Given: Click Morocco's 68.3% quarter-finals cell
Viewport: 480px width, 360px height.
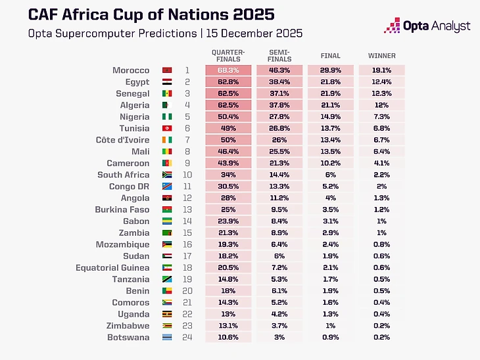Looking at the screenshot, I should point(228,70).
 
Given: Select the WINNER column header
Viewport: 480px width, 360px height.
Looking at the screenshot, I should point(381,56).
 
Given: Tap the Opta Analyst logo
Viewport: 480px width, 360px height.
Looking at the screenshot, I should point(427,26).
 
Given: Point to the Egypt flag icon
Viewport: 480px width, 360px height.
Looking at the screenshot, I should point(166,82).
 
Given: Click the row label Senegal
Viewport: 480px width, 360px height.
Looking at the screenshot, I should point(133,94).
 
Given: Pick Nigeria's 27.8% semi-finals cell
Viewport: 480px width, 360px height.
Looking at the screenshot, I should point(279,117).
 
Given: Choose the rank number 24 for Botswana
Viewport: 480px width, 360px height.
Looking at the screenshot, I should point(187,338).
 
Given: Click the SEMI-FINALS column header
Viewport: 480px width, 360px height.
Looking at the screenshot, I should point(279,55).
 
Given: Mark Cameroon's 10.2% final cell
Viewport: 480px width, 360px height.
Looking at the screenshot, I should point(330,164).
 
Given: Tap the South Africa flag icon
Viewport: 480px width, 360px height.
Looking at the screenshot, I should point(166,175).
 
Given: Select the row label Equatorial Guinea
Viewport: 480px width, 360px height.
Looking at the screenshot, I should point(112,267).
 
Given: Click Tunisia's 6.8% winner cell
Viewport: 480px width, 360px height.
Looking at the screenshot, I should point(381,129).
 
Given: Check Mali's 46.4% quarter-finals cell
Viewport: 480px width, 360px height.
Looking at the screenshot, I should point(228,152).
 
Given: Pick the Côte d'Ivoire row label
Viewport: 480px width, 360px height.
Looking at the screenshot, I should point(123,140).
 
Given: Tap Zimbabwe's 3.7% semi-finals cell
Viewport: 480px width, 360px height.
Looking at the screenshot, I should point(279,326).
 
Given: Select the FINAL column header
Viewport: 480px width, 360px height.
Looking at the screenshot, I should point(330,56).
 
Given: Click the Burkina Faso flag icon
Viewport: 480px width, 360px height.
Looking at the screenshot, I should point(166,210).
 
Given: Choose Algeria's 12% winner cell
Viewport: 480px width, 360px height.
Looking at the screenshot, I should point(381,105).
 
